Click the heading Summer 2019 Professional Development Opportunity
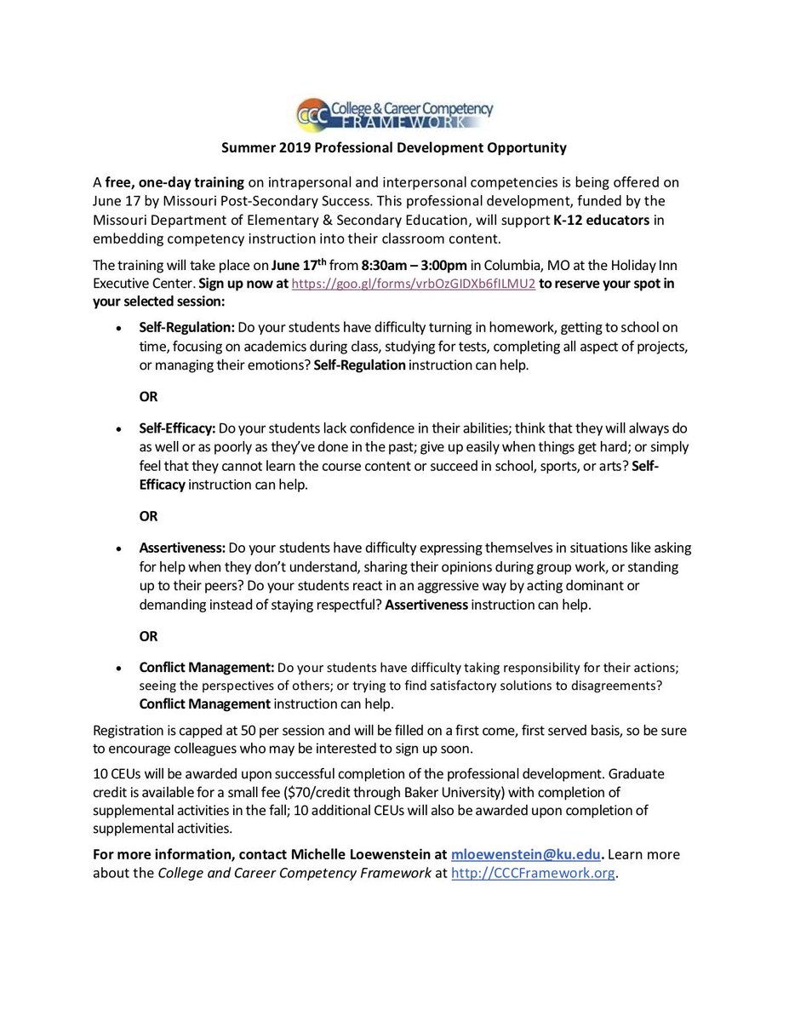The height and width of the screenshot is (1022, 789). pyautogui.click(x=394, y=148)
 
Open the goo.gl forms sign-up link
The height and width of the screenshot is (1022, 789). pyautogui.click(x=413, y=284)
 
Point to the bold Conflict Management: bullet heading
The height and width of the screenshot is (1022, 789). pyautogui.click(x=207, y=667)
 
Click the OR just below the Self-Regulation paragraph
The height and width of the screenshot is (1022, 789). pyautogui.click(x=149, y=397)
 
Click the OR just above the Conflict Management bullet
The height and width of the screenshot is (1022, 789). pyautogui.click(x=149, y=636)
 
